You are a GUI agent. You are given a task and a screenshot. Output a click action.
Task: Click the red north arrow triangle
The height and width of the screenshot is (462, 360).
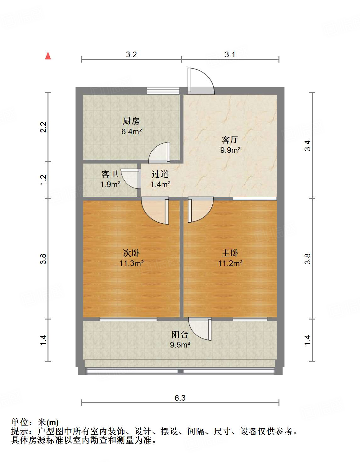click(48, 56)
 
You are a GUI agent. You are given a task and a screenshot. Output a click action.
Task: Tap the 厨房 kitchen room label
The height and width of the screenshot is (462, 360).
click(131, 121)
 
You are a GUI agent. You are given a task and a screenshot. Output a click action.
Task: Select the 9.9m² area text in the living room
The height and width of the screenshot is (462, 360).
click(230, 150)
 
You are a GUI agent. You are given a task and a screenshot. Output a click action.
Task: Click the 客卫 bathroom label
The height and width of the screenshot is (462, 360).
click(110, 174)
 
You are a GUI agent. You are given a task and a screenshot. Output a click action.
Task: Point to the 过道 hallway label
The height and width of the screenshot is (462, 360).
click(160, 174)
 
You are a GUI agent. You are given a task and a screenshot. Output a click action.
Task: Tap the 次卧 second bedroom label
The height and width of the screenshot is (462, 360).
click(131, 253)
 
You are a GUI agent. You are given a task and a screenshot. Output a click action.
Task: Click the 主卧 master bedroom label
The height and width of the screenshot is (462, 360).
click(230, 253)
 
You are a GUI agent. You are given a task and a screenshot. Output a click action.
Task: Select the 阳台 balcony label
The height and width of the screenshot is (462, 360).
click(180, 334)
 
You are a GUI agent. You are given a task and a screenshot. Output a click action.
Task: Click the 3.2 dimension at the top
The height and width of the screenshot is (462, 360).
click(131, 54)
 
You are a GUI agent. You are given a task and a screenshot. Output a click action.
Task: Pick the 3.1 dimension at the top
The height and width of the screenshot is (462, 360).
click(230, 54)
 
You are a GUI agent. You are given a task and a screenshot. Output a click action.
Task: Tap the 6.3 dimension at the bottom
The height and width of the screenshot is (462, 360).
click(180, 398)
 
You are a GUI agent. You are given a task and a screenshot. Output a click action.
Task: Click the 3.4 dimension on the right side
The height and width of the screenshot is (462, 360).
click(307, 146)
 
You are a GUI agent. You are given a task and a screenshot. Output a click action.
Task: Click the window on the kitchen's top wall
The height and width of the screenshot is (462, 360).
click(163, 91)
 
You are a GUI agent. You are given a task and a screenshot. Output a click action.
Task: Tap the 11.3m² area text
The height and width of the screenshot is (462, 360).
click(131, 263)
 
